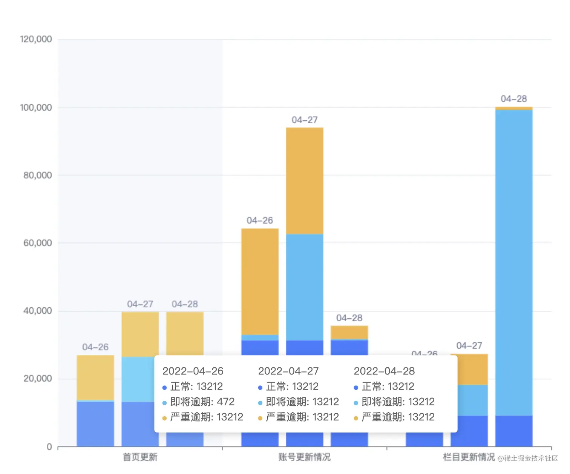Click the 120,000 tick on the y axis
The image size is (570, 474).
coord(36,39)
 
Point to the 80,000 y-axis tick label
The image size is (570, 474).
coord(37,175)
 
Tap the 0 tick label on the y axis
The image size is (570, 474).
coord(49,447)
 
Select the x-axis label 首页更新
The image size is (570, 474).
coord(140,457)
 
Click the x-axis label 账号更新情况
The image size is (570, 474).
coord(304,457)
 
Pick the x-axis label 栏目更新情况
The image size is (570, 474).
coord(469,457)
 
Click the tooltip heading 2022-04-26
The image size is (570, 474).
coord(193,371)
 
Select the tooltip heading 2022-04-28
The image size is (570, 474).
coord(384,371)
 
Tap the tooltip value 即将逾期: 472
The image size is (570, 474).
coord(202,402)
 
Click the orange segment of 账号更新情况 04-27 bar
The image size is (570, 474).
coord(304,181)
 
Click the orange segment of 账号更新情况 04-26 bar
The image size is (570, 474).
coord(260,281)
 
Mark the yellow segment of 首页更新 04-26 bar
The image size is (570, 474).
coord(95,377)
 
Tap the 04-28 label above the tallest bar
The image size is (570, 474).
coord(513,99)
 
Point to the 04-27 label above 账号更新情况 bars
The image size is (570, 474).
coord(304,120)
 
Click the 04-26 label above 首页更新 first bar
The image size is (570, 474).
coord(95,347)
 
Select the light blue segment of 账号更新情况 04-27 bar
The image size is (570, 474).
coord(304,287)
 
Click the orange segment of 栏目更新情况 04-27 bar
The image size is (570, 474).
coord(469,369)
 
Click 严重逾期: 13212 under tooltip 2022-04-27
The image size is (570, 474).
coord(302,417)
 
